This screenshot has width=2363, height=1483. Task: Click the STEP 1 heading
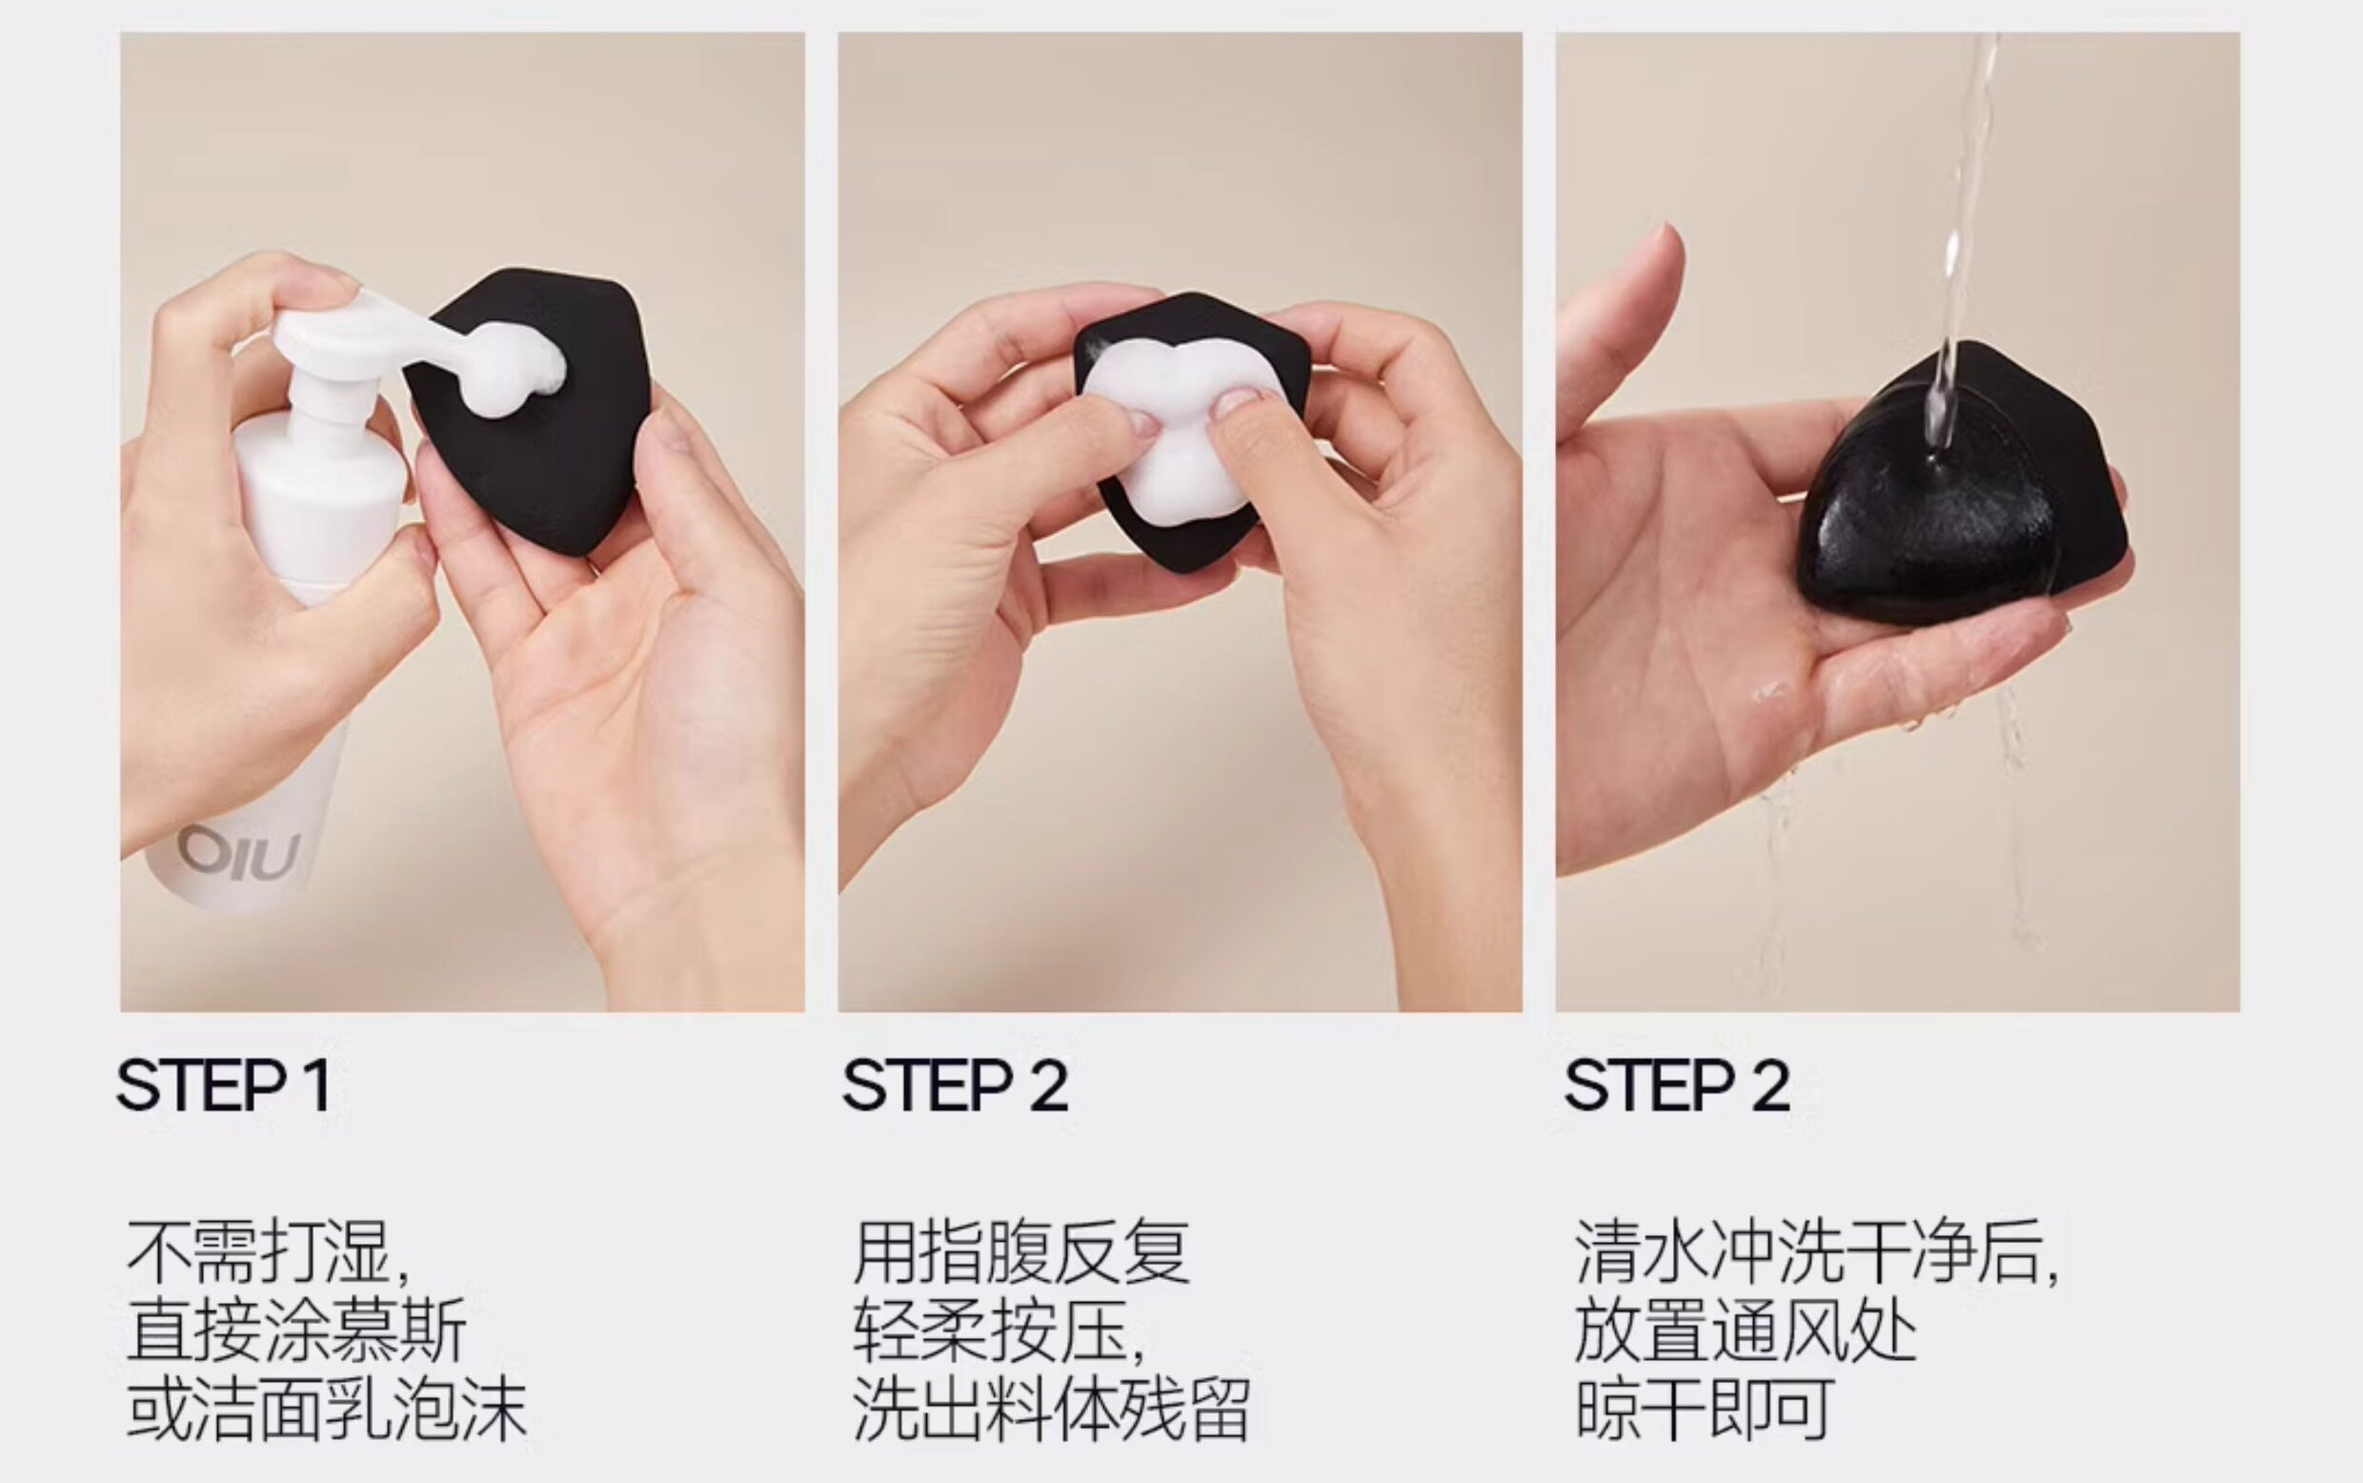click(x=224, y=1085)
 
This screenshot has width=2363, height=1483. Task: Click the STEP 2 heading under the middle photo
click(x=955, y=1085)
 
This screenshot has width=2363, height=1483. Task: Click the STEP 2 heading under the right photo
click(x=1678, y=1085)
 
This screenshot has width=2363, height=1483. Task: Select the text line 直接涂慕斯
click(x=297, y=1331)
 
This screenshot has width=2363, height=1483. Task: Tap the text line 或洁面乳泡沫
click(x=327, y=1410)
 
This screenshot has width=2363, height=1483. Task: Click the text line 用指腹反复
click(x=1021, y=1252)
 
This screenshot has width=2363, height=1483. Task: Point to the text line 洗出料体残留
click(x=1051, y=1410)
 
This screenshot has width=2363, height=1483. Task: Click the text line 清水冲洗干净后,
click(x=1817, y=1252)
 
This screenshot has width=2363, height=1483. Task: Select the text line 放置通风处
click(x=1747, y=1331)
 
